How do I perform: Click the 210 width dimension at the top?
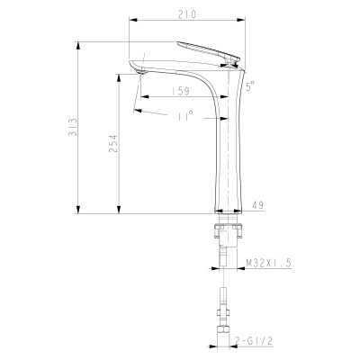click(x=187, y=14)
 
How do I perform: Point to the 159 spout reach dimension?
click(x=179, y=90)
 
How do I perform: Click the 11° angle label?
click(x=186, y=116)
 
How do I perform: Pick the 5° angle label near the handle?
click(x=250, y=86)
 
